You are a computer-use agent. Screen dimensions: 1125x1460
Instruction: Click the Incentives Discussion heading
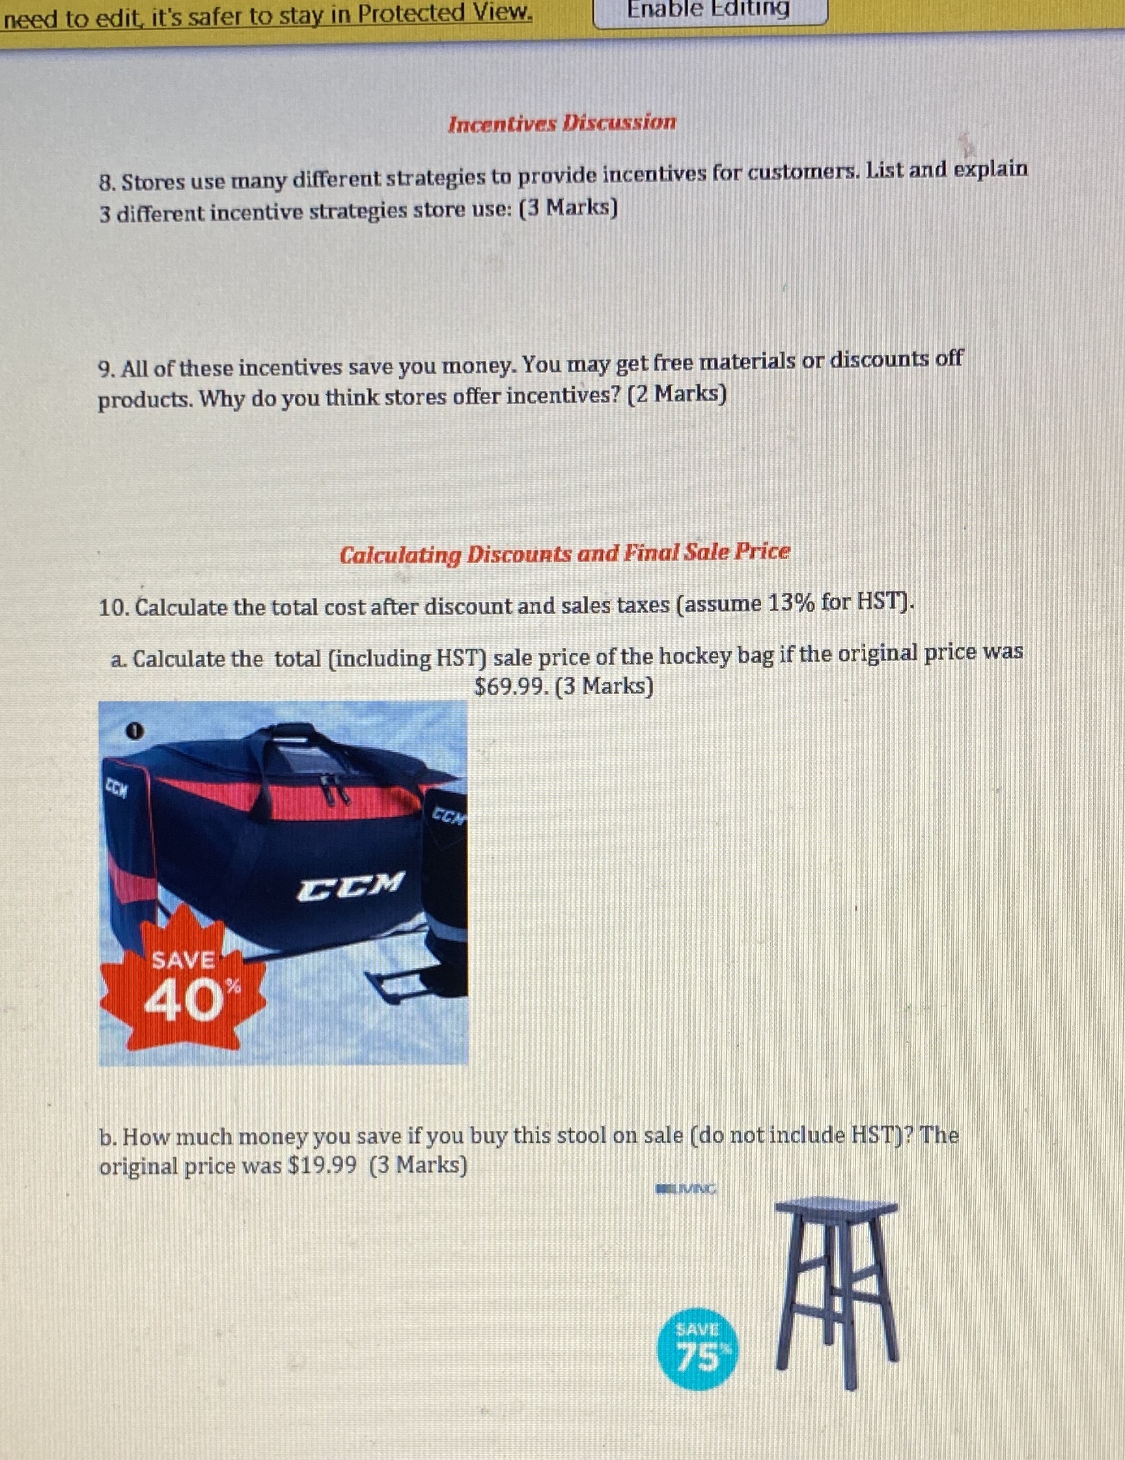(x=561, y=124)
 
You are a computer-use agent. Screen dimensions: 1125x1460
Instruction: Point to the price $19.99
(x=321, y=1166)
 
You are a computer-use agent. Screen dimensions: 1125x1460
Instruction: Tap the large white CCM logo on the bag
(x=351, y=886)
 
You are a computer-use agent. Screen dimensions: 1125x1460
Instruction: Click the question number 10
(x=115, y=608)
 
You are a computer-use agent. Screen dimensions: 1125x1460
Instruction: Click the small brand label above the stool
(x=686, y=1189)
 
